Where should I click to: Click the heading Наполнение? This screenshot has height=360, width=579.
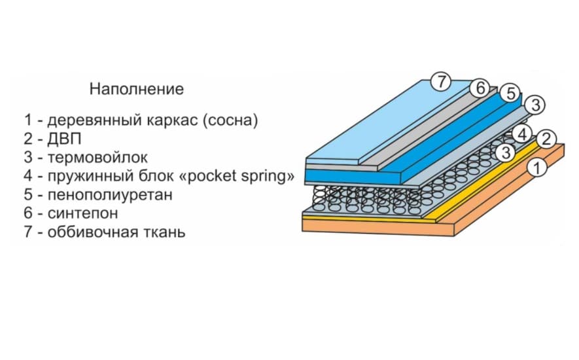(x=137, y=88)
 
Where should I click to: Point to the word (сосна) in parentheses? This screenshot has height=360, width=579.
(x=230, y=120)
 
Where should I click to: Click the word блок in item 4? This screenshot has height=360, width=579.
(x=142, y=177)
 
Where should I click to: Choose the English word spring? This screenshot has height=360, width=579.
(x=252, y=177)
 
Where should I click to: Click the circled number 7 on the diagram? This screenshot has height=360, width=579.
(x=442, y=82)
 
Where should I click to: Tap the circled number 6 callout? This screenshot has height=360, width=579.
(x=480, y=88)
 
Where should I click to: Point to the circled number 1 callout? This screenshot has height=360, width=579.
(x=536, y=168)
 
